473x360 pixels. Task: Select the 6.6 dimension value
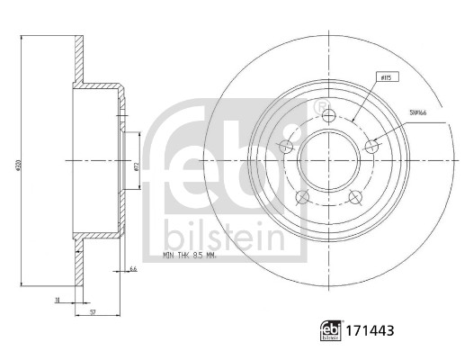coord(133,269)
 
